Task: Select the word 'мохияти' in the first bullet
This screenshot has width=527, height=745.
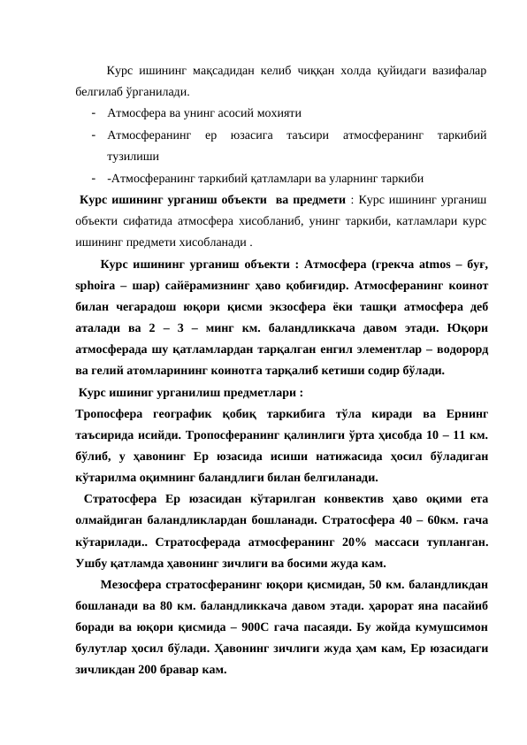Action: coord(276,114)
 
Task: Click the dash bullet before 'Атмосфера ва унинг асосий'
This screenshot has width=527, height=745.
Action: coord(93,114)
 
